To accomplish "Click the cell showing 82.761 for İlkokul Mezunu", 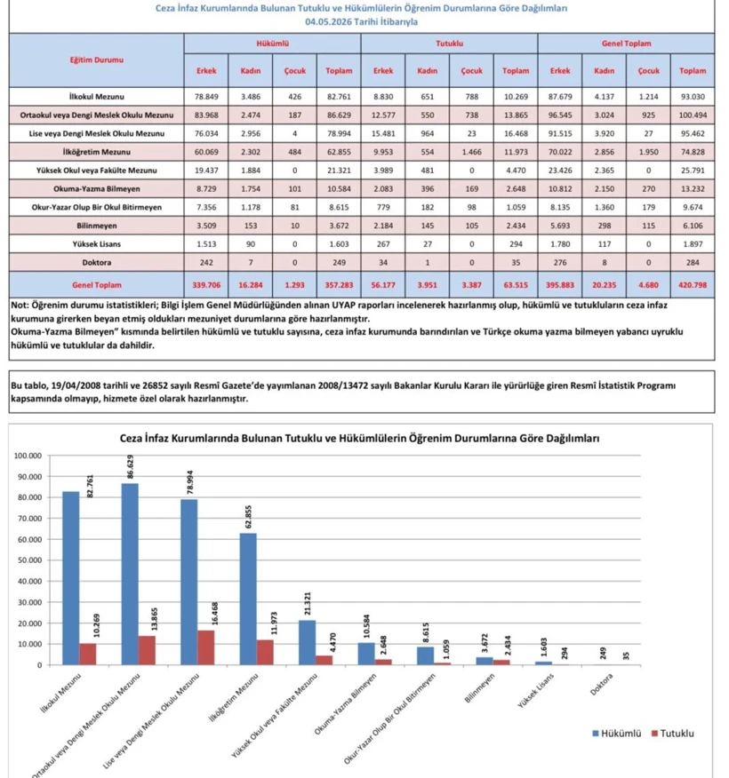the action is click(339, 97).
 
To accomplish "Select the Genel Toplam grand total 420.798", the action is click(693, 285).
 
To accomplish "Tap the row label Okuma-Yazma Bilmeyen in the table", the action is click(97, 188).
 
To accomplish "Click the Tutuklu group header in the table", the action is click(450, 44).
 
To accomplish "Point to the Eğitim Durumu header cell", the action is click(96, 60).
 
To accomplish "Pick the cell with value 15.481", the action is click(383, 133).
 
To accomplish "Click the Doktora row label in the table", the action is click(97, 263).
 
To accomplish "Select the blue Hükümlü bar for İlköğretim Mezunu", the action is click(248, 599).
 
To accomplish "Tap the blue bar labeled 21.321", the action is click(308, 642).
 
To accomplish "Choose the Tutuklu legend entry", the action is click(672, 734).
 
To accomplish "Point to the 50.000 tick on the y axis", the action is click(28, 560).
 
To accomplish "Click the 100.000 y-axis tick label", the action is click(28, 456).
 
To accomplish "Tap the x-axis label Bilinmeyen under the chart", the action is click(480, 687).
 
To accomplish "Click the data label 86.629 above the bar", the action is click(131, 466).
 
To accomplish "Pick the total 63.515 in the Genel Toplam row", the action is click(516, 285).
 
